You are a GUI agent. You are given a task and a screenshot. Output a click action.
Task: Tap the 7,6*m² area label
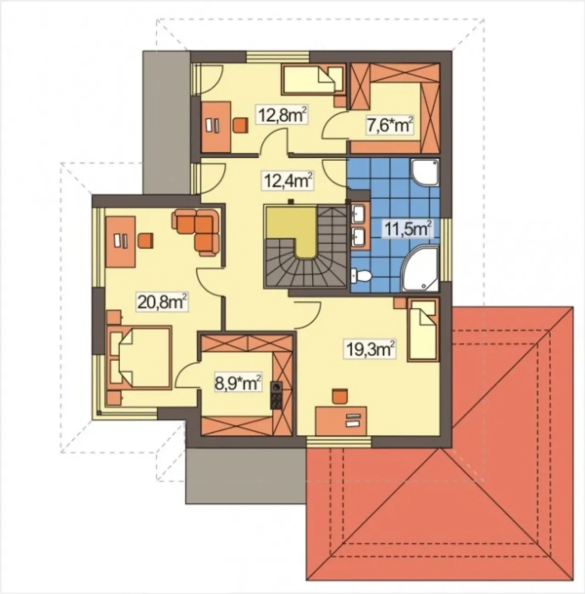click(390, 125)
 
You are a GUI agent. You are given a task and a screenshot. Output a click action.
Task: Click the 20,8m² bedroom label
click(162, 302)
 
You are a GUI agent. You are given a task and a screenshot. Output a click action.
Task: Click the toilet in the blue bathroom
click(361, 275)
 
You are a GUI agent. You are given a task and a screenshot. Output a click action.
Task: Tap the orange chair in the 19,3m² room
click(340, 396)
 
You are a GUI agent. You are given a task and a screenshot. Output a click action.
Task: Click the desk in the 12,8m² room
click(216, 126)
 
